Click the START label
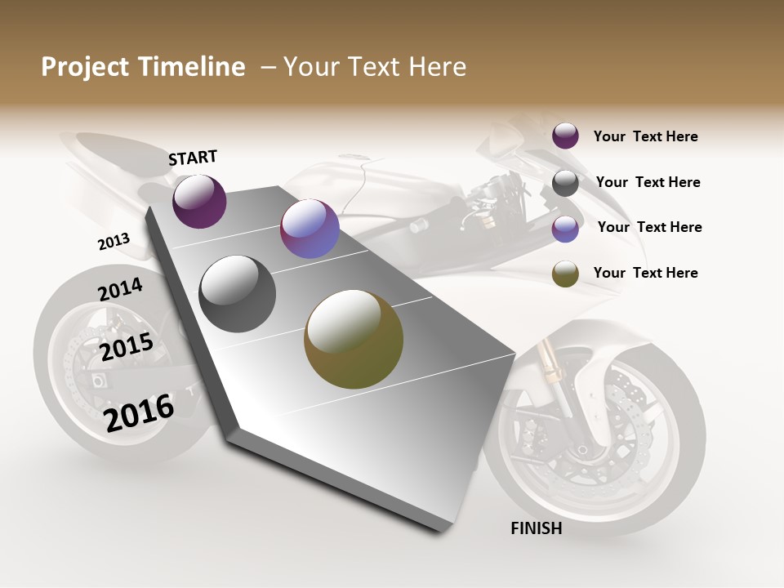pyautogui.click(x=193, y=158)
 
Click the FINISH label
pyautogui.click(x=537, y=528)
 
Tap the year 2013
pyautogui.click(x=114, y=241)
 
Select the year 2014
pyautogui.click(x=120, y=289)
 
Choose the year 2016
pyautogui.click(x=140, y=412)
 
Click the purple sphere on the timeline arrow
pyautogui.click(x=199, y=202)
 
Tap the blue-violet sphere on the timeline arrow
pyautogui.click(x=310, y=229)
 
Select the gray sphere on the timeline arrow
pyautogui.click(x=238, y=294)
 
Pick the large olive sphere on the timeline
pyautogui.click(x=354, y=339)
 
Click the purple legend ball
pyautogui.click(x=565, y=136)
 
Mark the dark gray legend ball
pyautogui.click(x=565, y=183)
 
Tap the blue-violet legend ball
pyautogui.click(x=565, y=229)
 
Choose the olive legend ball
pyautogui.click(x=565, y=274)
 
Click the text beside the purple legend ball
pyautogui.click(x=645, y=136)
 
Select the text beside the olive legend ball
pyautogui.click(x=645, y=273)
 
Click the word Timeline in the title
pyautogui.click(x=192, y=67)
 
